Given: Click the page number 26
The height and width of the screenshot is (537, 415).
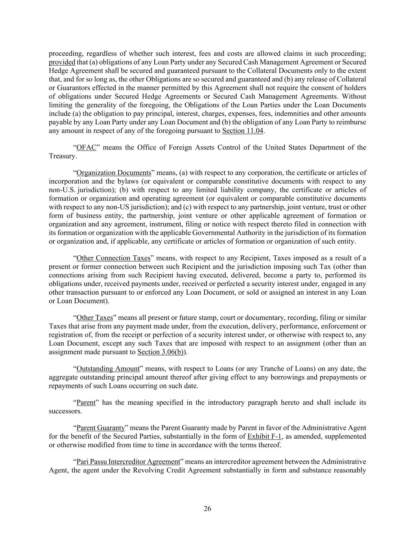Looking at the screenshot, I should (207, 509).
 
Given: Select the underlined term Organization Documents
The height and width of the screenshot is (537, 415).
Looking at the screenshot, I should (114, 173).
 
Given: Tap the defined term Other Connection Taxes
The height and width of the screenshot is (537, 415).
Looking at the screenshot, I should (113, 258).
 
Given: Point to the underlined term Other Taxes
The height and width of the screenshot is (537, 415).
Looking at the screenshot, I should (94, 317).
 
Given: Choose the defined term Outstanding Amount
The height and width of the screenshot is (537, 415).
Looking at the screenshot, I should (108, 369).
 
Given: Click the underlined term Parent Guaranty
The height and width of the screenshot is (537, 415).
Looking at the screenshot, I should (100, 428).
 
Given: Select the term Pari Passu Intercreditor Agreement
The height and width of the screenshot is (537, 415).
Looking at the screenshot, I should (128, 461).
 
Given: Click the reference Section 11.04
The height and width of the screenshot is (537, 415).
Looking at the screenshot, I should (242, 131).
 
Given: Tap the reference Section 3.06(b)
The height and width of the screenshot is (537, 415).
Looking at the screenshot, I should (160, 352).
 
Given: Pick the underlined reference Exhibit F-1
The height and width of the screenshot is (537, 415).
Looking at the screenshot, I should (264, 436).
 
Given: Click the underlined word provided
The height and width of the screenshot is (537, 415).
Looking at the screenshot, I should (62, 62).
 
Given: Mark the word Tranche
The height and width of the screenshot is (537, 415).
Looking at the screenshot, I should (284, 369).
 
